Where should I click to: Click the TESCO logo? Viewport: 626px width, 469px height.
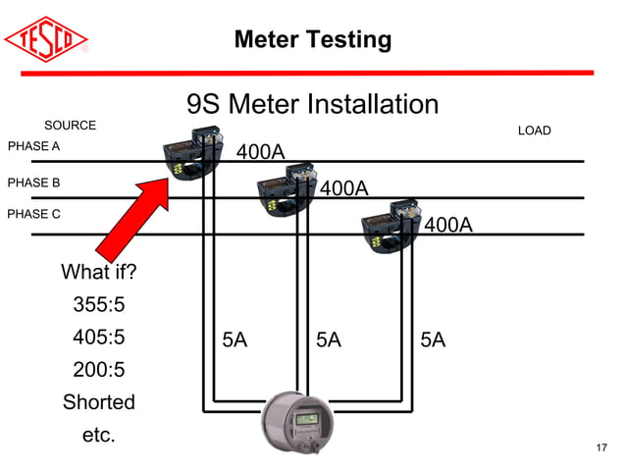tap(47, 38)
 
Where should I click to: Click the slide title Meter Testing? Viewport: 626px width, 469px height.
tap(312, 40)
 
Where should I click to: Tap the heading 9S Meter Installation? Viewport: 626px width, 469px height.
tap(312, 105)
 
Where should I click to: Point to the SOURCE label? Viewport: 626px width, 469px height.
tap(70, 126)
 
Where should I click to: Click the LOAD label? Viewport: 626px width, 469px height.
tap(534, 130)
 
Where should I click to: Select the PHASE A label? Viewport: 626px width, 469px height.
tap(34, 146)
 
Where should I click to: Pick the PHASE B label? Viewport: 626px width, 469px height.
tap(34, 182)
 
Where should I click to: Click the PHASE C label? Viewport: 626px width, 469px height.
tap(34, 213)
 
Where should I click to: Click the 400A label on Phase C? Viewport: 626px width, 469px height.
tap(448, 226)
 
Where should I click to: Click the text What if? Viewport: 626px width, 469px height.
tap(99, 272)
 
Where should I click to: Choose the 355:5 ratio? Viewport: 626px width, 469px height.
tap(99, 305)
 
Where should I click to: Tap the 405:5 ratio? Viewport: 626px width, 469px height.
tap(99, 338)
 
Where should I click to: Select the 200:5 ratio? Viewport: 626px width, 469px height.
tap(99, 370)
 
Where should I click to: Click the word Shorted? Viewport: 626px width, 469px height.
tap(99, 402)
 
